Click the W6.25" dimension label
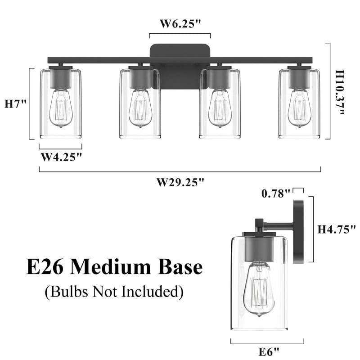click(180, 24)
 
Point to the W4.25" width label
click(61, 157)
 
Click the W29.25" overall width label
click(180, 182)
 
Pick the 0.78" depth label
click(276, 193)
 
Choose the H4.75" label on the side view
click(337, 229)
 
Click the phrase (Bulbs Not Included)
click(114, 292)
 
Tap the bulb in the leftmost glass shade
click(60, 108)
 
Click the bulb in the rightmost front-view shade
click(299, 108)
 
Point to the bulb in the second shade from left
click(139, 108)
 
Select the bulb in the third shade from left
click(220, 108)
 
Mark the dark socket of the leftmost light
click(60, 77)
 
